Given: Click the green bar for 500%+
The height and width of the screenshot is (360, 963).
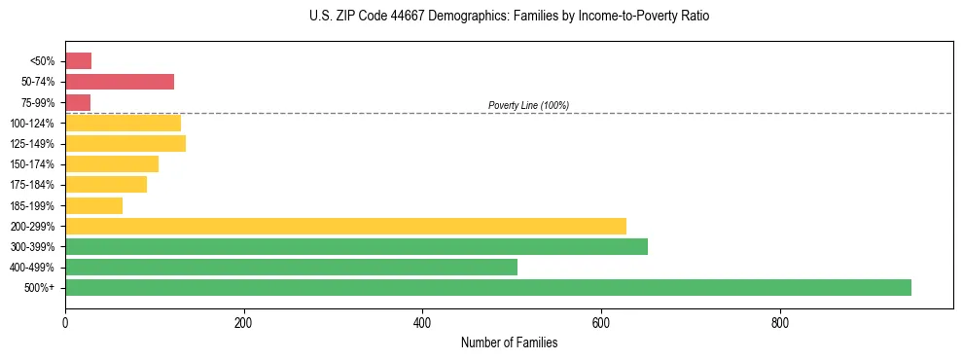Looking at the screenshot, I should coord(487,287).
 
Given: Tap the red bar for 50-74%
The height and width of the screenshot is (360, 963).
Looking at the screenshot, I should coord(120,82).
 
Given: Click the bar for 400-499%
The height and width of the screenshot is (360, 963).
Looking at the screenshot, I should coord(291,267).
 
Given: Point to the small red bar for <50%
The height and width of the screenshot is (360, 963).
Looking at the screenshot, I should coord(78,61).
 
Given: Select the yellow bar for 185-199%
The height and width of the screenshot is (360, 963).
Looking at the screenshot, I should coord(93,205).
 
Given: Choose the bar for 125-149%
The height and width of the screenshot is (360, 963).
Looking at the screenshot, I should coord(125,144).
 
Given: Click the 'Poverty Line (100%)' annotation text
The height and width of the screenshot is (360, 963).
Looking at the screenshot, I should coord(528,105).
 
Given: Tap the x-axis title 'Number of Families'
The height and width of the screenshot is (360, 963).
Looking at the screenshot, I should coord(509,342).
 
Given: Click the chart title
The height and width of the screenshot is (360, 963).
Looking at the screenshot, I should coord(509,17).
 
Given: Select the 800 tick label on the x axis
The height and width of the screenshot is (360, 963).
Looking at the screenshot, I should coord(779,323).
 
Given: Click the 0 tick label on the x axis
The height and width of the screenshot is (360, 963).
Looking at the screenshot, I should coord(65,323).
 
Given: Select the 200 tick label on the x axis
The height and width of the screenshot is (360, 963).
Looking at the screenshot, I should coord(243,323).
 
